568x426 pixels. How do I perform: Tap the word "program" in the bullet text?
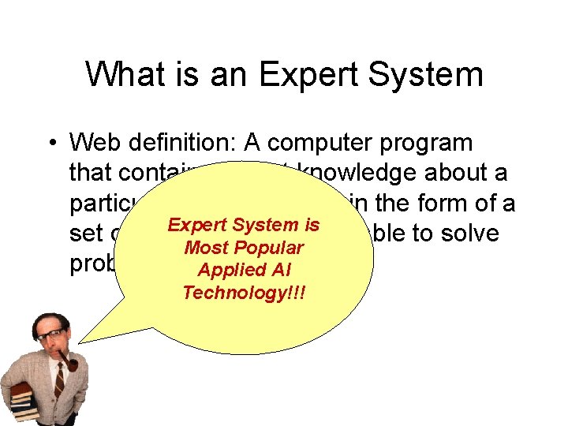click(427, 144)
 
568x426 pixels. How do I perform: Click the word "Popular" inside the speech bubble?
click(266, 248)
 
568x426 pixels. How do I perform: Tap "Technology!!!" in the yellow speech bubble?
click(244, 293)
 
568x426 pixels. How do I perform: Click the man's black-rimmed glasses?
click(51, 335)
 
